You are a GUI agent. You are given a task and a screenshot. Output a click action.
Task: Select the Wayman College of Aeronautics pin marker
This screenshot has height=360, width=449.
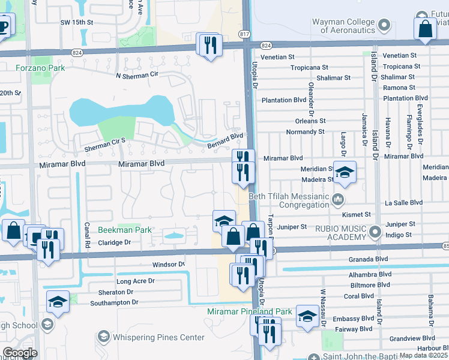[385, 25]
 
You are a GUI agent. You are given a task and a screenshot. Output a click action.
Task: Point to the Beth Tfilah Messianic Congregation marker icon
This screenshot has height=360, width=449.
[339, 199]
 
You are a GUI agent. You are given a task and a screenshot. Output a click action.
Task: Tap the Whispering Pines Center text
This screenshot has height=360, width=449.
[160, 337]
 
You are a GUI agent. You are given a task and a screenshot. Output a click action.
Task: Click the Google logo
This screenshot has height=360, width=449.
[20, 353]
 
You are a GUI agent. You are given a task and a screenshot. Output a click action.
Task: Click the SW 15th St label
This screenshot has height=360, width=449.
[77, 22]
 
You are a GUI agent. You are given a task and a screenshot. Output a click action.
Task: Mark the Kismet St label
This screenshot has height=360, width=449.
[357, 214]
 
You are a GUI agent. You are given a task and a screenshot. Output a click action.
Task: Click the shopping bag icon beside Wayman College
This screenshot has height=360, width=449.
[425, 29]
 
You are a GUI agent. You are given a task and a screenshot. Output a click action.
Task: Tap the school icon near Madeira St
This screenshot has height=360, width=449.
[345, 172]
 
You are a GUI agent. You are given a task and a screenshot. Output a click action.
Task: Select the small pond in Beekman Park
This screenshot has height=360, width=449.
[173, 236]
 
